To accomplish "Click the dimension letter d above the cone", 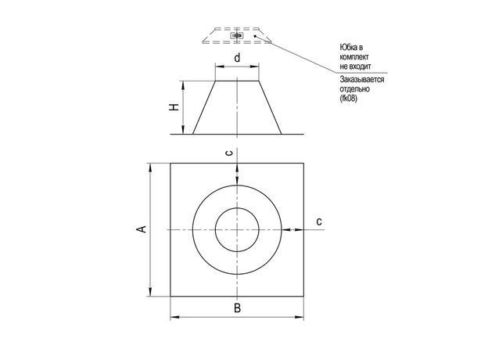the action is tap(237, 58).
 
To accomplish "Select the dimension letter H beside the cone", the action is tap(174, 106).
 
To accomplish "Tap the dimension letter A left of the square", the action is tap(142, 229).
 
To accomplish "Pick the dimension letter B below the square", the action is tap(237, 308).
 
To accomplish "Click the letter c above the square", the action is tap(229, 153).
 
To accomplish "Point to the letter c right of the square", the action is tap(319, 221).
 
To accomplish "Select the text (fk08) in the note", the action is tap(348, 99).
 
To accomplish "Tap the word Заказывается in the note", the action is tap(362, 79).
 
